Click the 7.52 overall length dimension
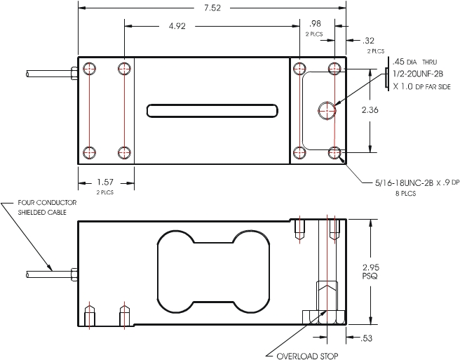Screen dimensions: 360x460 [211, 8]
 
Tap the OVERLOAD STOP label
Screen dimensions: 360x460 [306, 356]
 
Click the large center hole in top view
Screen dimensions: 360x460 [326, 109]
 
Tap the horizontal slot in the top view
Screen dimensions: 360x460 [212, 110]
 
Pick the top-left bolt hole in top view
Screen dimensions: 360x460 [88, 68]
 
